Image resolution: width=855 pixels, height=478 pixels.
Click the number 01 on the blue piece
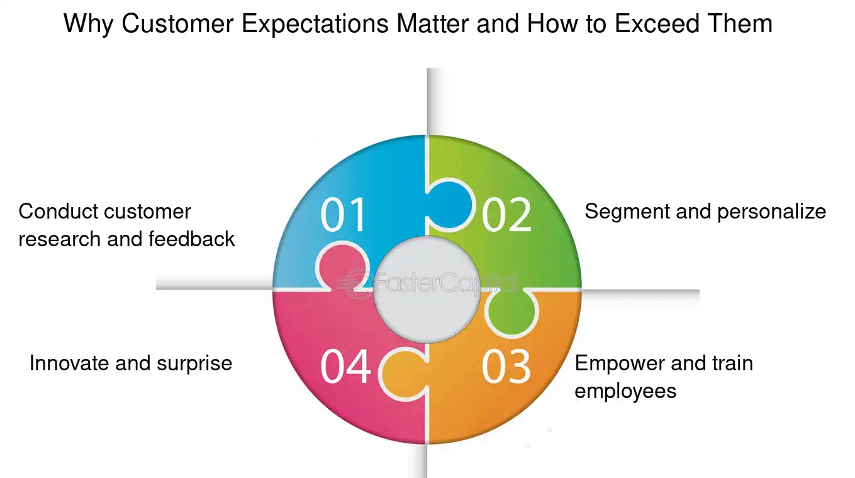tap(342, 214)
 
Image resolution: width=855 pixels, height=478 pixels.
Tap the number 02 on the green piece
tap(506, 214)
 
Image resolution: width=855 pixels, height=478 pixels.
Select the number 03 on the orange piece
tap(506, 367)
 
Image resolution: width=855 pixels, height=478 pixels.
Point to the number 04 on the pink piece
tap(345, 367)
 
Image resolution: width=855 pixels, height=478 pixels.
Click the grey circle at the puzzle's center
tap(427, 289)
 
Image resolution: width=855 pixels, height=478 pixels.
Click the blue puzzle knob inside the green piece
tap(450, 205)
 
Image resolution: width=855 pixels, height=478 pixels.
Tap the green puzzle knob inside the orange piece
tap(511, 312)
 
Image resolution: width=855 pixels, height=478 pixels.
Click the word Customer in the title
tap(177, 24)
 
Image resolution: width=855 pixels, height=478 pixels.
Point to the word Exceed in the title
tap(657, 24)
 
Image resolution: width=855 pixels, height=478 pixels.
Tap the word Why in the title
tap(89, 25)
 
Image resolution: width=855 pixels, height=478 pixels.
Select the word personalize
tap(771, 212)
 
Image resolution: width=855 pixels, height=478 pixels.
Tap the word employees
tap(625, 391)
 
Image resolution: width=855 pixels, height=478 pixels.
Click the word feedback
tap(192, 239)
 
